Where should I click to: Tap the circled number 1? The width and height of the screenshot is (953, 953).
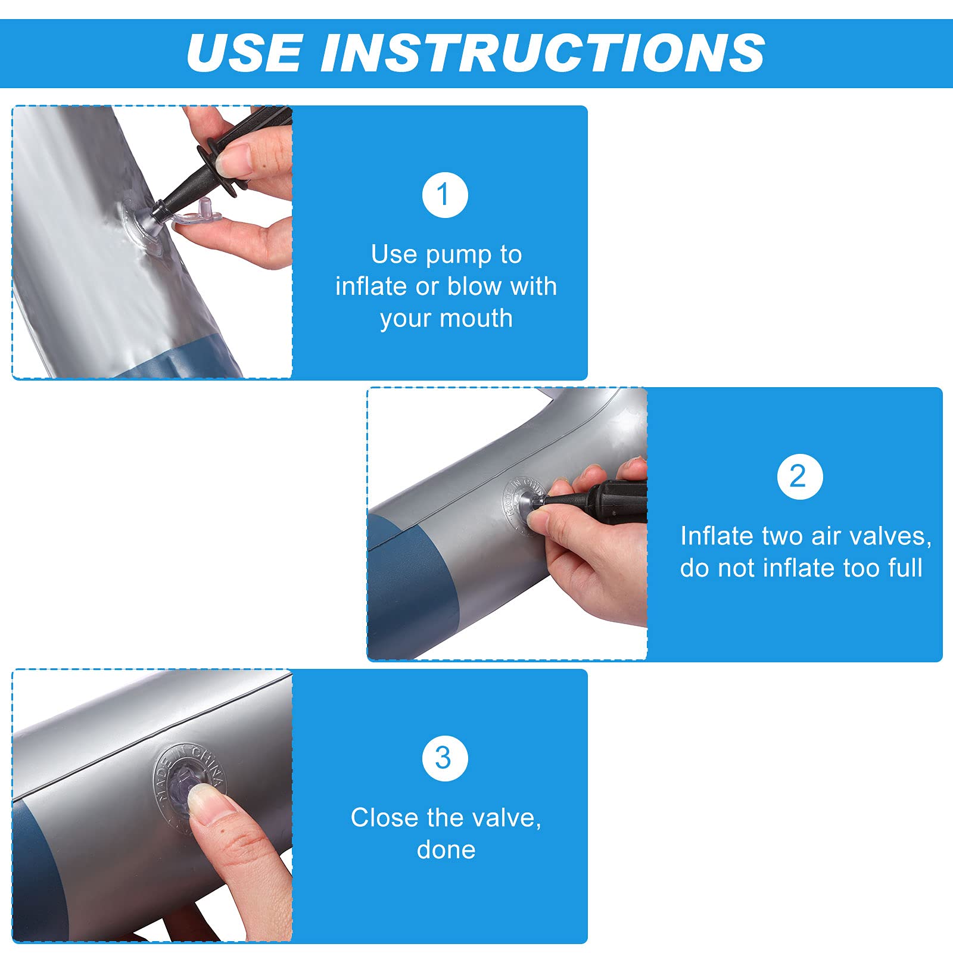coord(445,195)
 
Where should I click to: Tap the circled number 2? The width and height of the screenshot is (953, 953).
coord(800,476)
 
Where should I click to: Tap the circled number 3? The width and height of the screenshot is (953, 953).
coord(445,758)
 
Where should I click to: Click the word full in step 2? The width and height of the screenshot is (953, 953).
coord(905,568)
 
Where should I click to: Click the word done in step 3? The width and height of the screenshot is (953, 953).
coord(446,850)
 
